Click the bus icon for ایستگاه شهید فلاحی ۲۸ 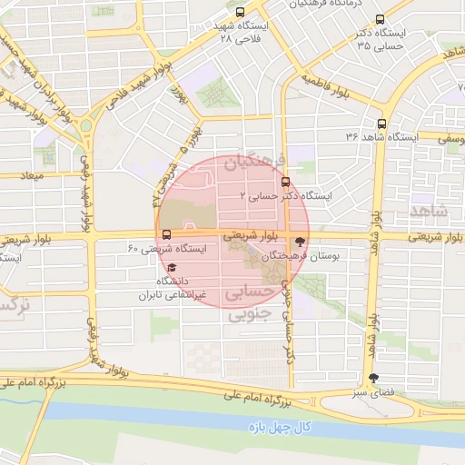coord(240,13)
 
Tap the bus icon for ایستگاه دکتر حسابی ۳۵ coord(380,19)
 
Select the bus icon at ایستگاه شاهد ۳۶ coord(381,124)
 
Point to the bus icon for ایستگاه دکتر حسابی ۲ coord(286,182)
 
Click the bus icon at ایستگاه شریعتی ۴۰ coord(164,234)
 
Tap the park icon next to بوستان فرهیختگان coord(300,242)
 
